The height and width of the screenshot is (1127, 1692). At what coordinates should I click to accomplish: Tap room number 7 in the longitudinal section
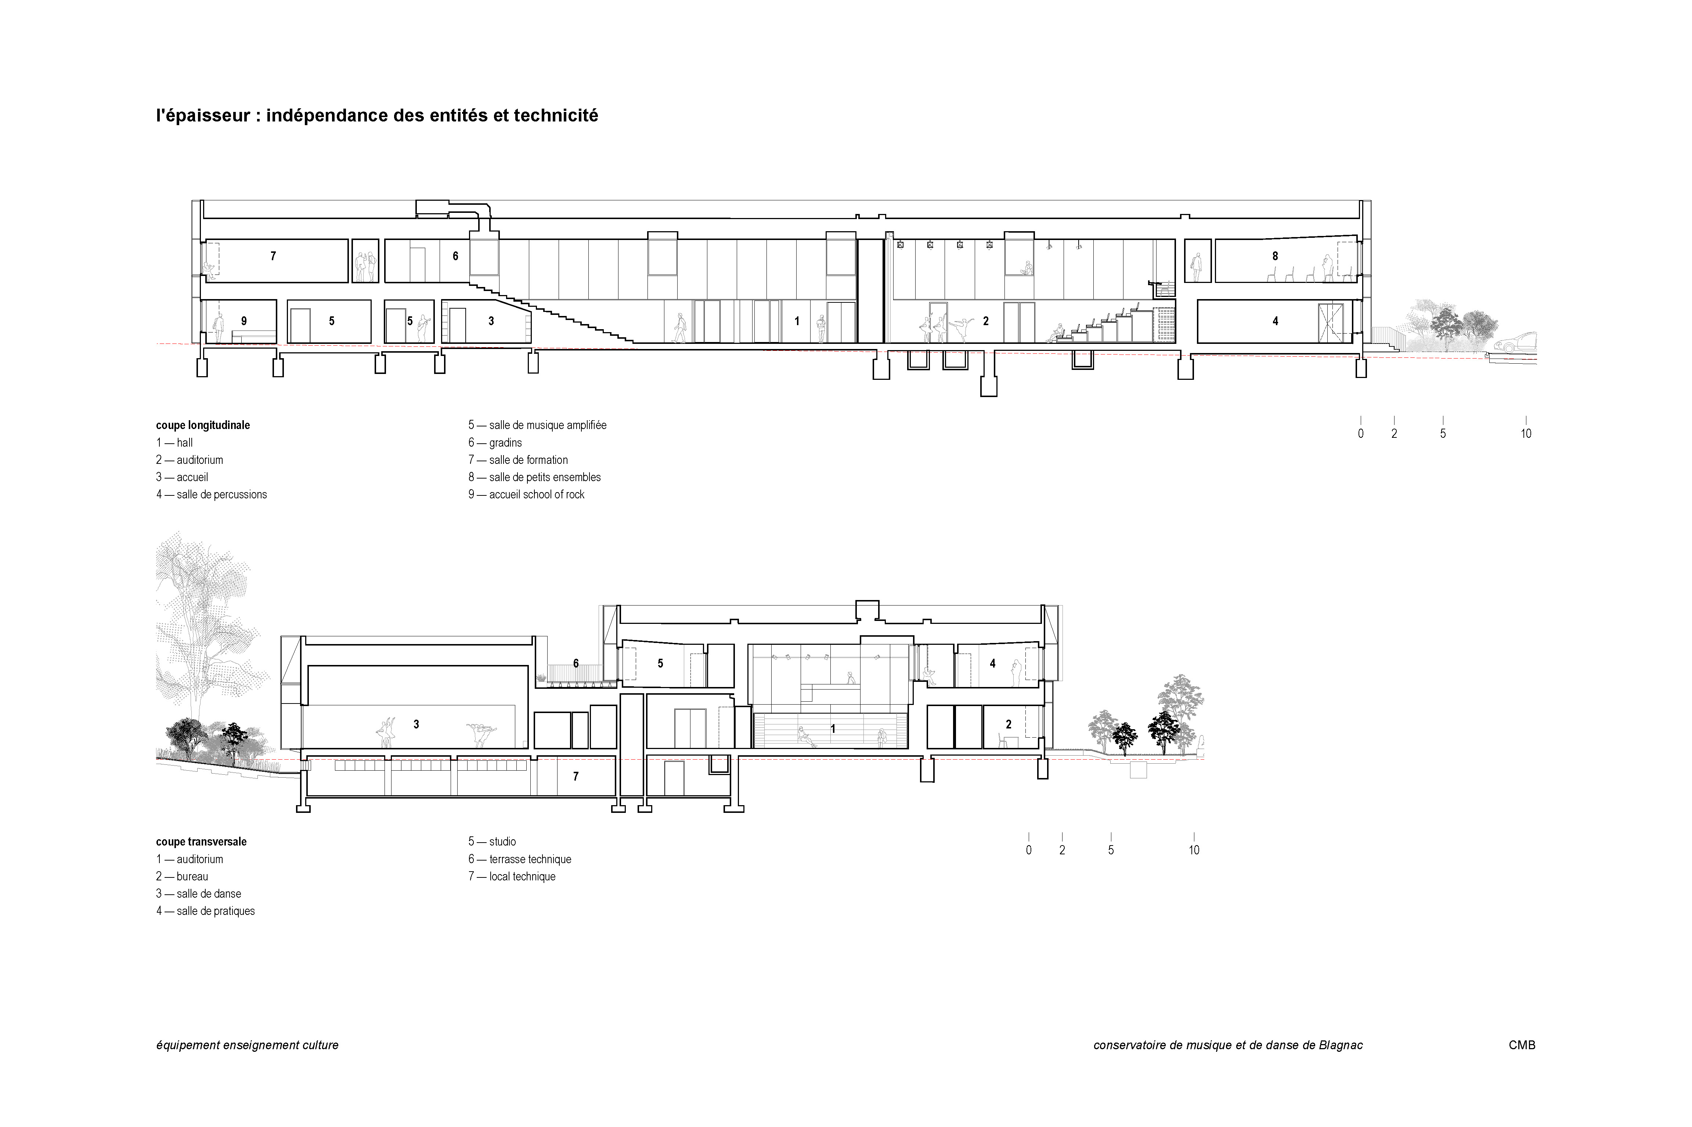click(273, 256)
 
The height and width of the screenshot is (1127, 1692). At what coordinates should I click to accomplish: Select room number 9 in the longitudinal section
click(244, 321)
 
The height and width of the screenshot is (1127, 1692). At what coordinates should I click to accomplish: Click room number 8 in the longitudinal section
click(1275, 256)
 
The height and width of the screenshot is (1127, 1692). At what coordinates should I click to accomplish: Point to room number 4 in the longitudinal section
click(1275, 321)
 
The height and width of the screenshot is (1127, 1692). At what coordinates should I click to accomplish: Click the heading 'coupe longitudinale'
click(203, 425)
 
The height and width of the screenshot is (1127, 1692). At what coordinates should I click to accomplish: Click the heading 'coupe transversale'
click(201, 841)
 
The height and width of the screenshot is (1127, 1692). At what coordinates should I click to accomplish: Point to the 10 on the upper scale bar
click(1526, 433)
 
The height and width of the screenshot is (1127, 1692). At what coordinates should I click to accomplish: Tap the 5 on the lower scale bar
click(1111, 850)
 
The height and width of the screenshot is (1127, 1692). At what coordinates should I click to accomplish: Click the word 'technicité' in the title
click(555, 116)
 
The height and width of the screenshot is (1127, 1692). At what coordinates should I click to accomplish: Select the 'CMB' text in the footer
click(1522, 1045)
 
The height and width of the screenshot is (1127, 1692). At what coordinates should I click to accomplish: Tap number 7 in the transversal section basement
click(575, 776)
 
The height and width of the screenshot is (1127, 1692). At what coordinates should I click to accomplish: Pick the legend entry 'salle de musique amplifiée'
click(538, 425)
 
